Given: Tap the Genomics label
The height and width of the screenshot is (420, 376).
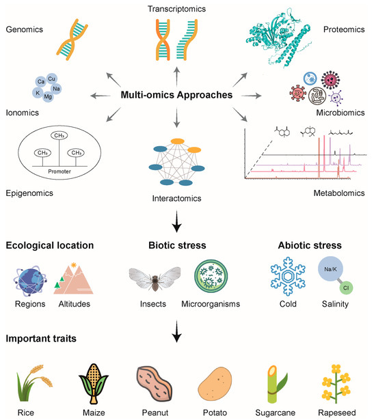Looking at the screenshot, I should [x=24, y=31].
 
